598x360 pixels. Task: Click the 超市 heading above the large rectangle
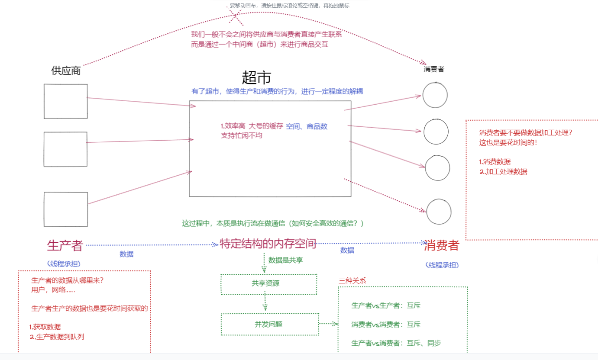click(256, 78)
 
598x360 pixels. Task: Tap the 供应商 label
click(66, 71)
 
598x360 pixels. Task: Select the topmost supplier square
click(66, 101)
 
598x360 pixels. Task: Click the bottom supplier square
click(66, 209)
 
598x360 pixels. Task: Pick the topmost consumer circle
click(435, 95)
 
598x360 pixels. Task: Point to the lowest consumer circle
click(439, 212)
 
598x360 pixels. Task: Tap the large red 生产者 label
click(65, 245)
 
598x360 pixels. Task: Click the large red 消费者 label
click(441, 245)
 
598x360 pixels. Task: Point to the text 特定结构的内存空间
click(268, 244)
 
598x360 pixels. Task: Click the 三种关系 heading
click(352, 280)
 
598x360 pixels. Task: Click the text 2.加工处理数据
click(503, 171)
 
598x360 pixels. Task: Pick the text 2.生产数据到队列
click(57, 337)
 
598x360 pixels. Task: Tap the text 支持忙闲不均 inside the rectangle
click(242, 135)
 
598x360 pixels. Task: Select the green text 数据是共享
click(285, 260)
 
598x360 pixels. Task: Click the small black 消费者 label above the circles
click(433, 69)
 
